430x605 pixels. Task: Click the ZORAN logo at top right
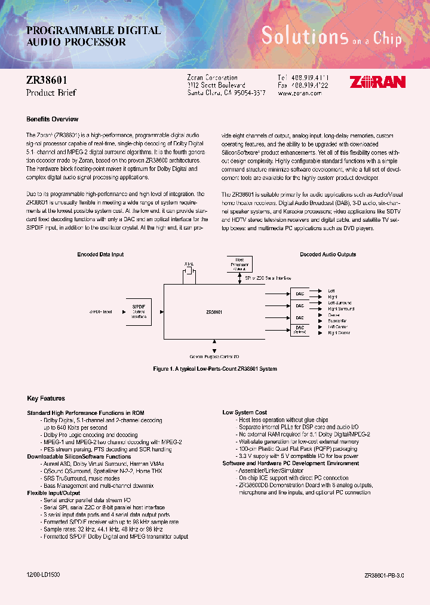tap(377, 82)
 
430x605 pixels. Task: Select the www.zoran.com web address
tap(301, 94)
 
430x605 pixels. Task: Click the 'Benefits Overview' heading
tap(53, 119)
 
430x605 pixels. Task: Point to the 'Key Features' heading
tap(46, 398)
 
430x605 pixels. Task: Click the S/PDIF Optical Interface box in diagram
tap(138, 312)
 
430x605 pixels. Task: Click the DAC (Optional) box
tap(300, 330)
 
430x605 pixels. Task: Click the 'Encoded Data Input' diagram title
tap(100, 254)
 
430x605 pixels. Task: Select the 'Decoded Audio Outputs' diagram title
tap(328, 254)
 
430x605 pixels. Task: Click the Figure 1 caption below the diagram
tap(215, 369)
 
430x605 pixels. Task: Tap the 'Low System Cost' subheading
tap(245, 412)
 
